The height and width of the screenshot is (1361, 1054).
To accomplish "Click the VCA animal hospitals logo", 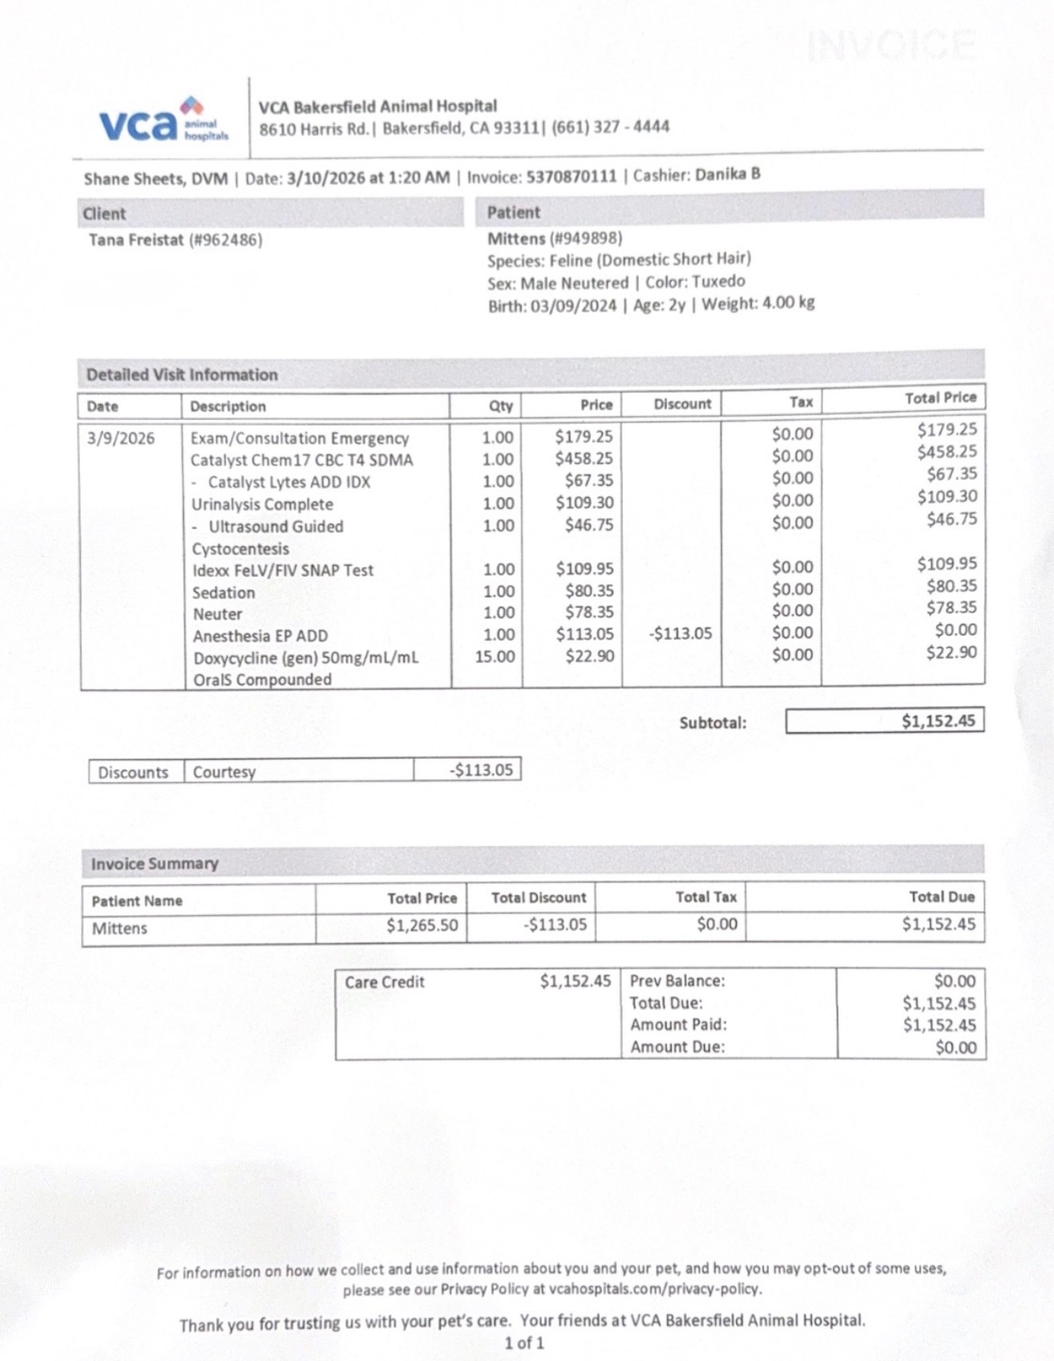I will pos(163,121).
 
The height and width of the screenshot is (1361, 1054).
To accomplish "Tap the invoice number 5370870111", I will pos(571,177).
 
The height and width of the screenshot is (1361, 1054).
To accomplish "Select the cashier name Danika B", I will pos(727,174).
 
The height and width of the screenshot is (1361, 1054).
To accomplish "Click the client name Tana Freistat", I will pos(136,240).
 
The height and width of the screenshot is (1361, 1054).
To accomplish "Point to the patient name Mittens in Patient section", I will pos(516,238).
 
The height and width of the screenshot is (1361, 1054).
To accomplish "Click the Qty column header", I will pos(501,406).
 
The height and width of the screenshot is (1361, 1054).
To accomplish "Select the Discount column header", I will pos(682,404).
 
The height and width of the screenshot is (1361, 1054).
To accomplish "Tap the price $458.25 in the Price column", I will pos(584,458).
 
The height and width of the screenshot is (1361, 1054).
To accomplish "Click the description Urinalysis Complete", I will pos(262,504).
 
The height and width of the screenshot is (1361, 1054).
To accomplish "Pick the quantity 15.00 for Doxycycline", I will pos(495,657).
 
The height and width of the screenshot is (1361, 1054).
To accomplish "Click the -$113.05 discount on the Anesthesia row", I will pos(680,633).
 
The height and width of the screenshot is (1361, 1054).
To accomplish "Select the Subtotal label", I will pos(712,723).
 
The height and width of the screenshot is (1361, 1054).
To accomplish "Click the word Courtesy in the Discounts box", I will pos(224,772).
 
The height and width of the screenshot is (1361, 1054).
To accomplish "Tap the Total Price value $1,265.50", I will pos(422,925).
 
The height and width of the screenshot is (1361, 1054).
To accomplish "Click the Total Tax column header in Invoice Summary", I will pos(706,897).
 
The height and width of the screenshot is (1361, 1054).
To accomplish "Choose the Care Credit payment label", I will pos(385,982).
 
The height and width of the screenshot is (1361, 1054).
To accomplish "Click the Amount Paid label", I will pos(678,1025).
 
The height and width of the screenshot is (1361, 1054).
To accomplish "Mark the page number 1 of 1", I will pos(524,1343).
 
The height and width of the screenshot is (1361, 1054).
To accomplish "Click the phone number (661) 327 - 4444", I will pos(610,127).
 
